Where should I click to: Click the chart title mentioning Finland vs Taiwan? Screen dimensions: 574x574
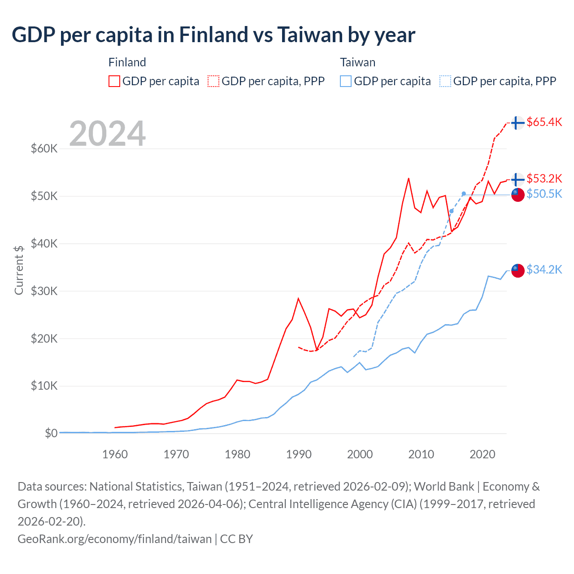pos(213,35)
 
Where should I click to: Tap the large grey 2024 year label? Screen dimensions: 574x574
pos(108,134)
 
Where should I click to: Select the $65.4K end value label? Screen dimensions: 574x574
pos(544,122)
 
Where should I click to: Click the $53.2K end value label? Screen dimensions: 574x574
pos(544,178)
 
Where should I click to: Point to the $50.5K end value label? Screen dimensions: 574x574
pos(544,194)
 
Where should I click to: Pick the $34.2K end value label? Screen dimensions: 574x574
pos(544,270)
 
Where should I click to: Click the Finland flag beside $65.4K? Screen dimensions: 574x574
pos(518,122)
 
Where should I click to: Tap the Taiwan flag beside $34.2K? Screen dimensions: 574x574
pos(518,270)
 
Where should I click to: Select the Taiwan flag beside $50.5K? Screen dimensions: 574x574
pos(518,195)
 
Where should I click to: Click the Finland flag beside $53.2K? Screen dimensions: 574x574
pos(518,179)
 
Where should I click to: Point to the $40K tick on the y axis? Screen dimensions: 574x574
pos(44,244)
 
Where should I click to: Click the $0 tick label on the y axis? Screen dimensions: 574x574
pos(51,433)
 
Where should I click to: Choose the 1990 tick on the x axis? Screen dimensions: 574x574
pos(299,454)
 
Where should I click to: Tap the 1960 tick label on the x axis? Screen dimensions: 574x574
pos(115,454)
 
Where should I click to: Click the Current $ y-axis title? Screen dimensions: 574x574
pos(19,270)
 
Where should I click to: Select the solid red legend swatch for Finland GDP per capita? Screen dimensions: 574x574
pos(114,81)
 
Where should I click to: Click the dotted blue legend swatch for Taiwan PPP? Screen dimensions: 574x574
pos(445,81)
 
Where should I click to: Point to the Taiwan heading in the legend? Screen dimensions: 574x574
pos(357,62)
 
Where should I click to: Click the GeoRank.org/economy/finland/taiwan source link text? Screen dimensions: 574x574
pos(114,539)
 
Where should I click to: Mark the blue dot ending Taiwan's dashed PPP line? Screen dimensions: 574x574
pos(464,194)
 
